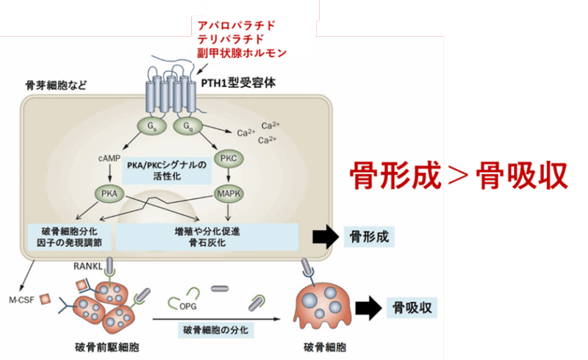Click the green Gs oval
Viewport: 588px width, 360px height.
tap(151, 126)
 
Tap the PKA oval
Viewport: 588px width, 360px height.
tap(109, 194)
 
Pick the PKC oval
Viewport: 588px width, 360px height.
tap(227, 159)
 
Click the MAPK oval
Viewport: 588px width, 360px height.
tap(228, 194)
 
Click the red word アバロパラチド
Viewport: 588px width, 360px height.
tap(236, 26)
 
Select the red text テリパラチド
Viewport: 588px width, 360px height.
tap(231, 39)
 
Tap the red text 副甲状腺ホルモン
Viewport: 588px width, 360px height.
tap(241, 53)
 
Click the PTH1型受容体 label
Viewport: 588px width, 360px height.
tap(240, 83)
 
